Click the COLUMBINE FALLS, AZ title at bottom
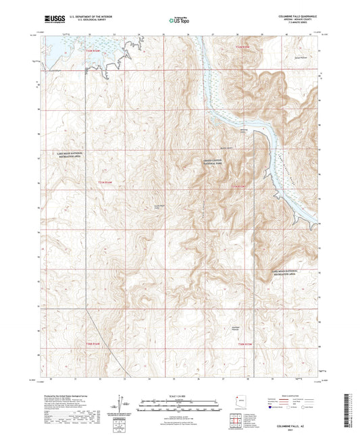[295, 424]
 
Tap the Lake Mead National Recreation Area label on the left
[70, 155]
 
